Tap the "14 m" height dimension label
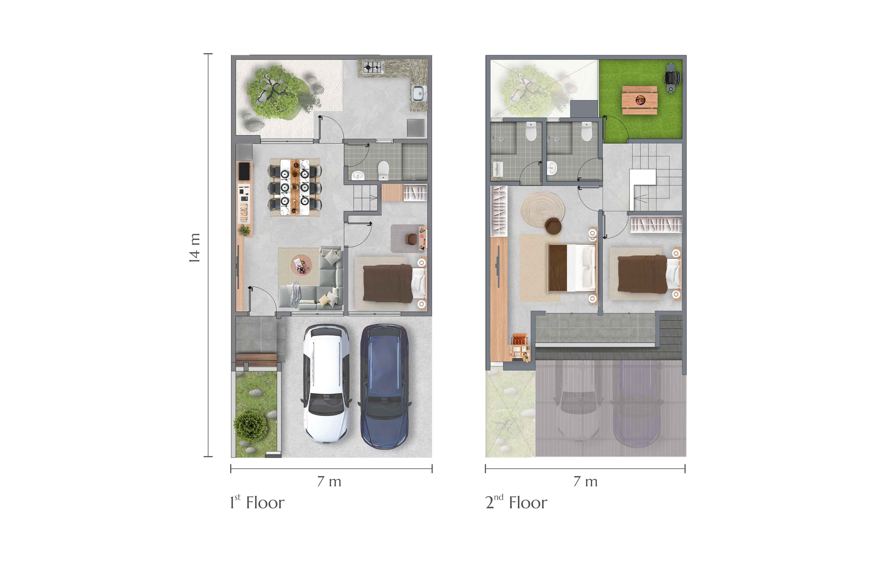pos(194,248)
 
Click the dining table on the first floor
pos(295,187)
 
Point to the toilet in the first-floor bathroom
pos(383,170)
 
